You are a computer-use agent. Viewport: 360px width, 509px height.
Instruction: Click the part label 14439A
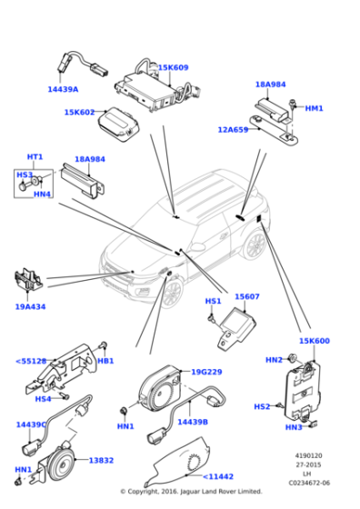[x=63, y=89]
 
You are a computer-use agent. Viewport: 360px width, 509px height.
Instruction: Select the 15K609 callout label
[x=174, y=67]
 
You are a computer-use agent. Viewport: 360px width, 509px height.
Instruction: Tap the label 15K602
[x=79, y=112]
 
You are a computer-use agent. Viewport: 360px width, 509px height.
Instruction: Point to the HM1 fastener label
[x=314, y=108]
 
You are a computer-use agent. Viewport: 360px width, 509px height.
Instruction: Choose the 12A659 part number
[x=233, y=129]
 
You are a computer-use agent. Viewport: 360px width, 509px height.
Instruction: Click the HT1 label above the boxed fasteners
[x=35, y=156]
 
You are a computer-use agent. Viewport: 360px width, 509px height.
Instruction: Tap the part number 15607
[x=247, y=296]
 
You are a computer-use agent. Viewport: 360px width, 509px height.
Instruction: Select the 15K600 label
[x=315, y=341]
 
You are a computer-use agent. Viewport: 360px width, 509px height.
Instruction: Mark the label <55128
[x=31, y=361]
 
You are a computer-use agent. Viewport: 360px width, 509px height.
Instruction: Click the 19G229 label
[x=206, y=372]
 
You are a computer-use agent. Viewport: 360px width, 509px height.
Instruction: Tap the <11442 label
[x=219, y=475]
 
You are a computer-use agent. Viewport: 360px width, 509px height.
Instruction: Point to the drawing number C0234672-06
[x=310, y=483]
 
